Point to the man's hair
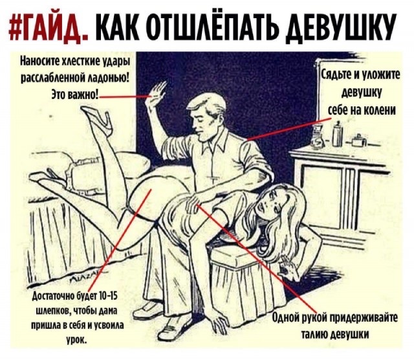(209, 104)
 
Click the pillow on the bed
(49, 155)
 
